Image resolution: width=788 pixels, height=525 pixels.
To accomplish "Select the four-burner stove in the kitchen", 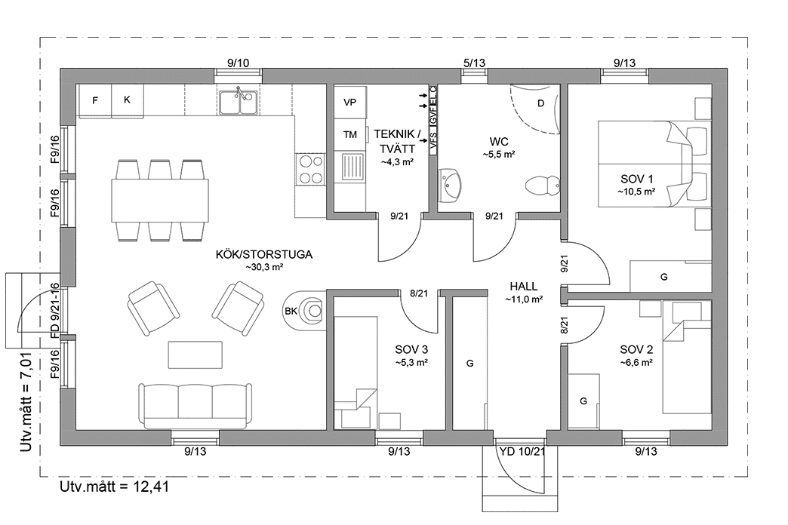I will [x=308, y=170].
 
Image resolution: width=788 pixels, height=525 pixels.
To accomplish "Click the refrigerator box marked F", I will [x=95, y=100].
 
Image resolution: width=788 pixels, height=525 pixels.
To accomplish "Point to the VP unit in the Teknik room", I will [x=349, y=103].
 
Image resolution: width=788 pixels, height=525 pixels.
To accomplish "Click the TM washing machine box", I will [x=349, y=135].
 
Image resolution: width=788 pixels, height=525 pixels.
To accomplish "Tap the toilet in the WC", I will [x=543, y=184].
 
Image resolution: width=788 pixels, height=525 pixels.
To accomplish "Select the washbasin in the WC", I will [x=452, y=185].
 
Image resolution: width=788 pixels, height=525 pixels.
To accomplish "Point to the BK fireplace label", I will [x=291, y=311].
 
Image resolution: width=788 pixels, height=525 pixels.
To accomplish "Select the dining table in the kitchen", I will [x=159, y=200].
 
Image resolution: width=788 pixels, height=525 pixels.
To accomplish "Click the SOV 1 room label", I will [x=636, y=180].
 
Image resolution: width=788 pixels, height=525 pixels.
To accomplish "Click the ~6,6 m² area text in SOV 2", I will [x=636, y=362].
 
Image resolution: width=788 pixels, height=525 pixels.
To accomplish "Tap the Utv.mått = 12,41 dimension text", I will [x=113, y=487].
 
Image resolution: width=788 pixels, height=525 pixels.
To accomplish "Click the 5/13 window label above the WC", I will [x=474, y=63].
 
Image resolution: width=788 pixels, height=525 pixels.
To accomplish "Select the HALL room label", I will [x=523, y=287].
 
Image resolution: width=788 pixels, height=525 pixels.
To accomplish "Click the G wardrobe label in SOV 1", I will [x=664, y=278].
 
